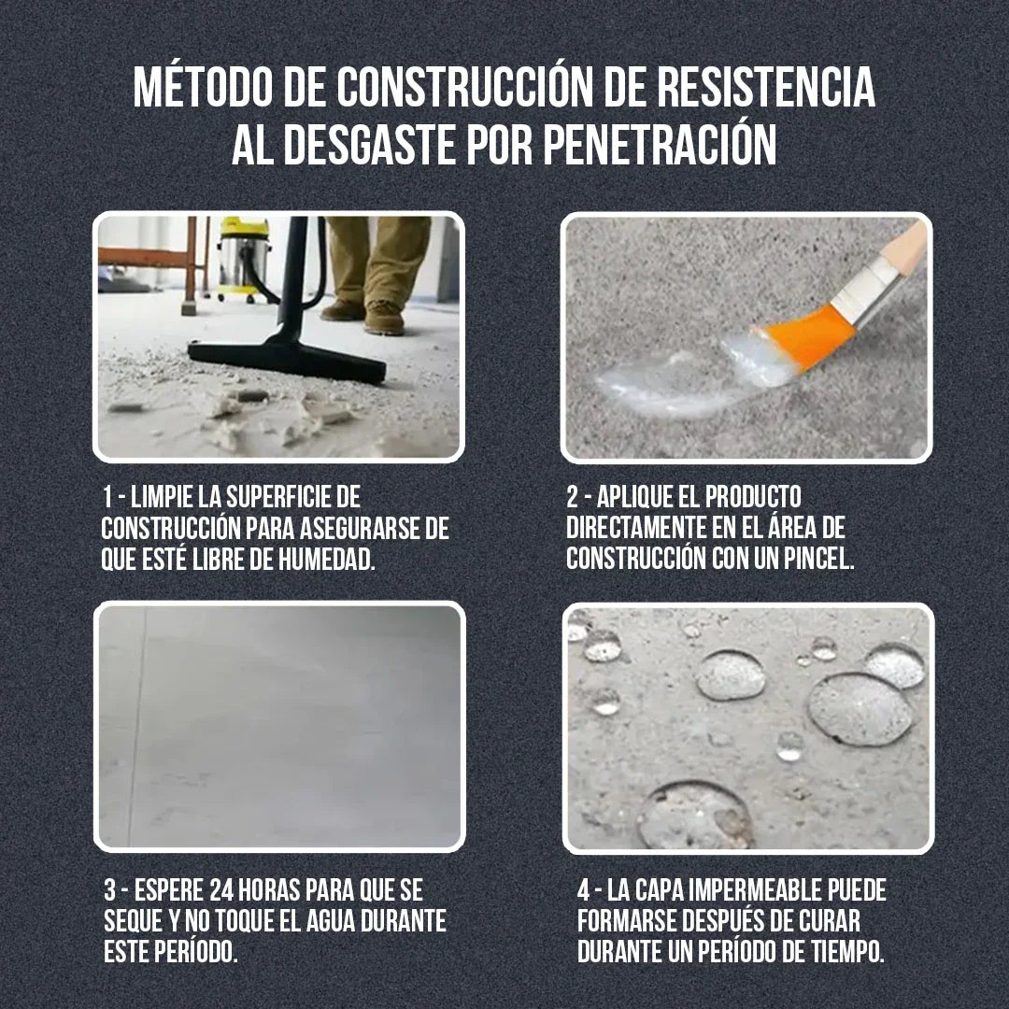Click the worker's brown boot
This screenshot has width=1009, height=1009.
tap(384, 317)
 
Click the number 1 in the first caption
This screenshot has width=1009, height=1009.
tap(108, 495)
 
